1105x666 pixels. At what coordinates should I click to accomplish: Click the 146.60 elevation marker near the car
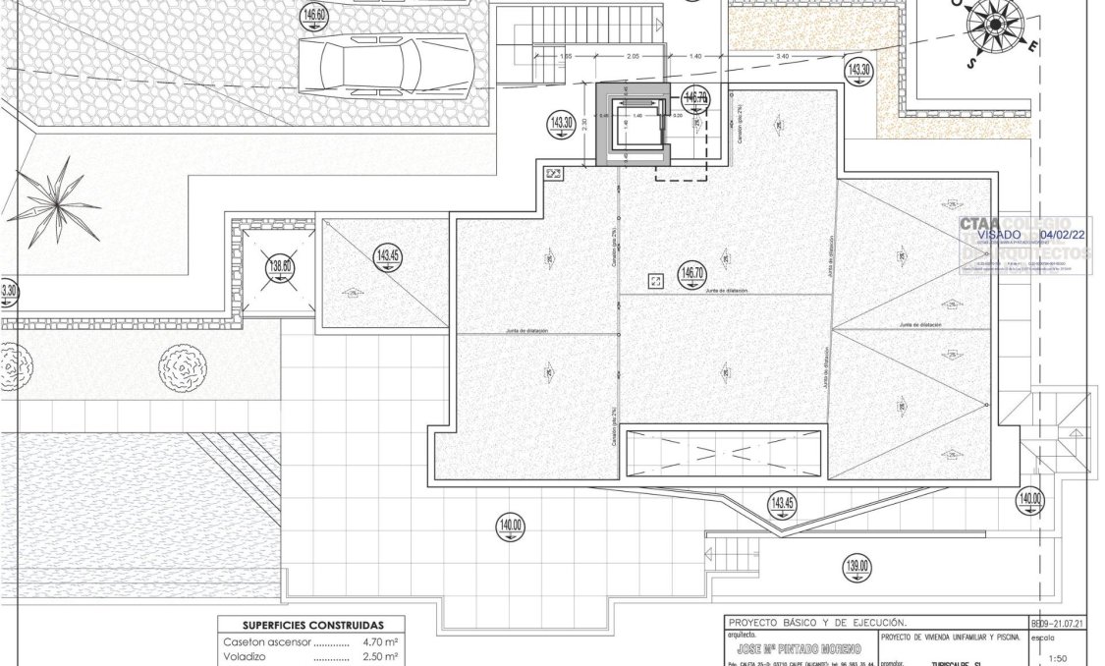tap(315, 15)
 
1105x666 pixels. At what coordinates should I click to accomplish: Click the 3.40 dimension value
tap(782, 57)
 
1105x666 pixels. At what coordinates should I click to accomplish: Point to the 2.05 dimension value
tap(634, 57)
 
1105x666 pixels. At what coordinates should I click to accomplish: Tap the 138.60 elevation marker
tap(281, 265)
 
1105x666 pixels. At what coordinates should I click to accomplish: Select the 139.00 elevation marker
tap(856, 566)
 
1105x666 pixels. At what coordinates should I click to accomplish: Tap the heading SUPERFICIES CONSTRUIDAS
tap(312, 625)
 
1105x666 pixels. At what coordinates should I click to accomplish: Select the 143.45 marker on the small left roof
tap(387, 257)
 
